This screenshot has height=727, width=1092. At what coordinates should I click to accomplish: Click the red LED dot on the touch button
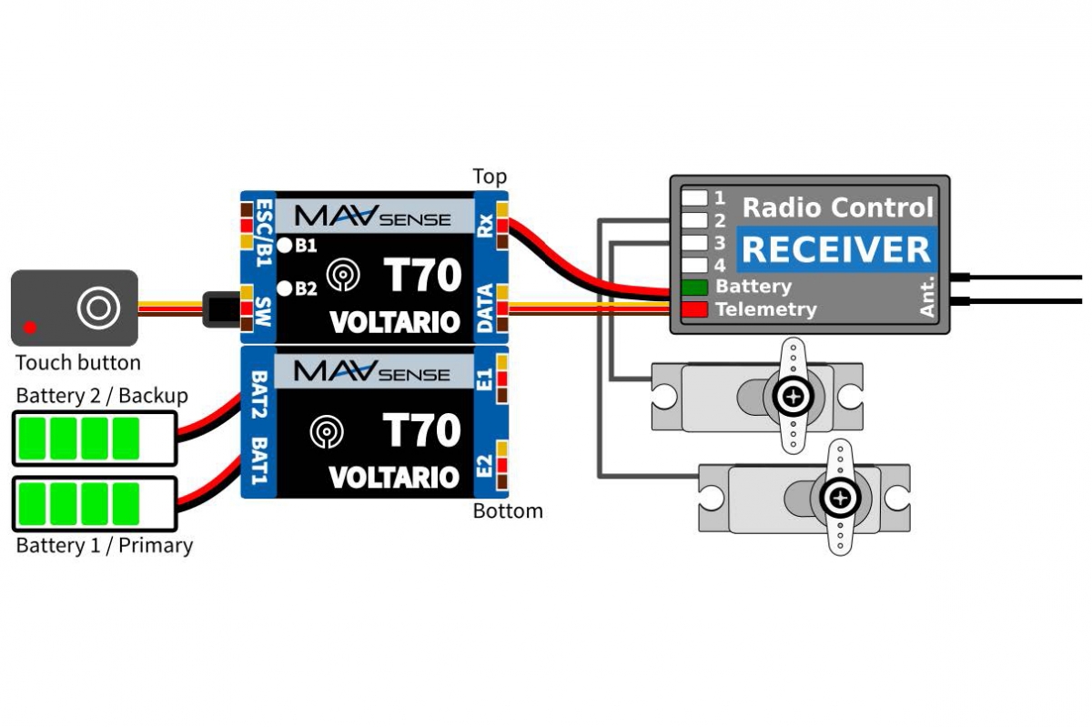click(x=30, y=326)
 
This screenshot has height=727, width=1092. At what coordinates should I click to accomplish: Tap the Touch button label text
click(x=78, y=363)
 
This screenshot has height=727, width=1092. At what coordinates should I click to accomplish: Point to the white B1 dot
click(x=285, y=244)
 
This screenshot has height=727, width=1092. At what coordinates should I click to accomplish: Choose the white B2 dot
click(x=285, y=288)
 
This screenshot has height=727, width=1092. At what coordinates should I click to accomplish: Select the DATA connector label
click(x=485, y=307)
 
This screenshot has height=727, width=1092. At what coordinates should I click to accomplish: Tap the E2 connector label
click(x=485, y=466)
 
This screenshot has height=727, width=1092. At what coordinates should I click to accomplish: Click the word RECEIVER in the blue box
click(x=835, y=248)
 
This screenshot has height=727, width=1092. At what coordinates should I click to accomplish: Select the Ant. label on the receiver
click(x=927, y=298)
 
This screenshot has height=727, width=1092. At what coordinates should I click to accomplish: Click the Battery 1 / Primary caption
click(x=105, y=546)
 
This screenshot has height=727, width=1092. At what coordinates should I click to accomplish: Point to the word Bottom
click(x=508, y=510)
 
